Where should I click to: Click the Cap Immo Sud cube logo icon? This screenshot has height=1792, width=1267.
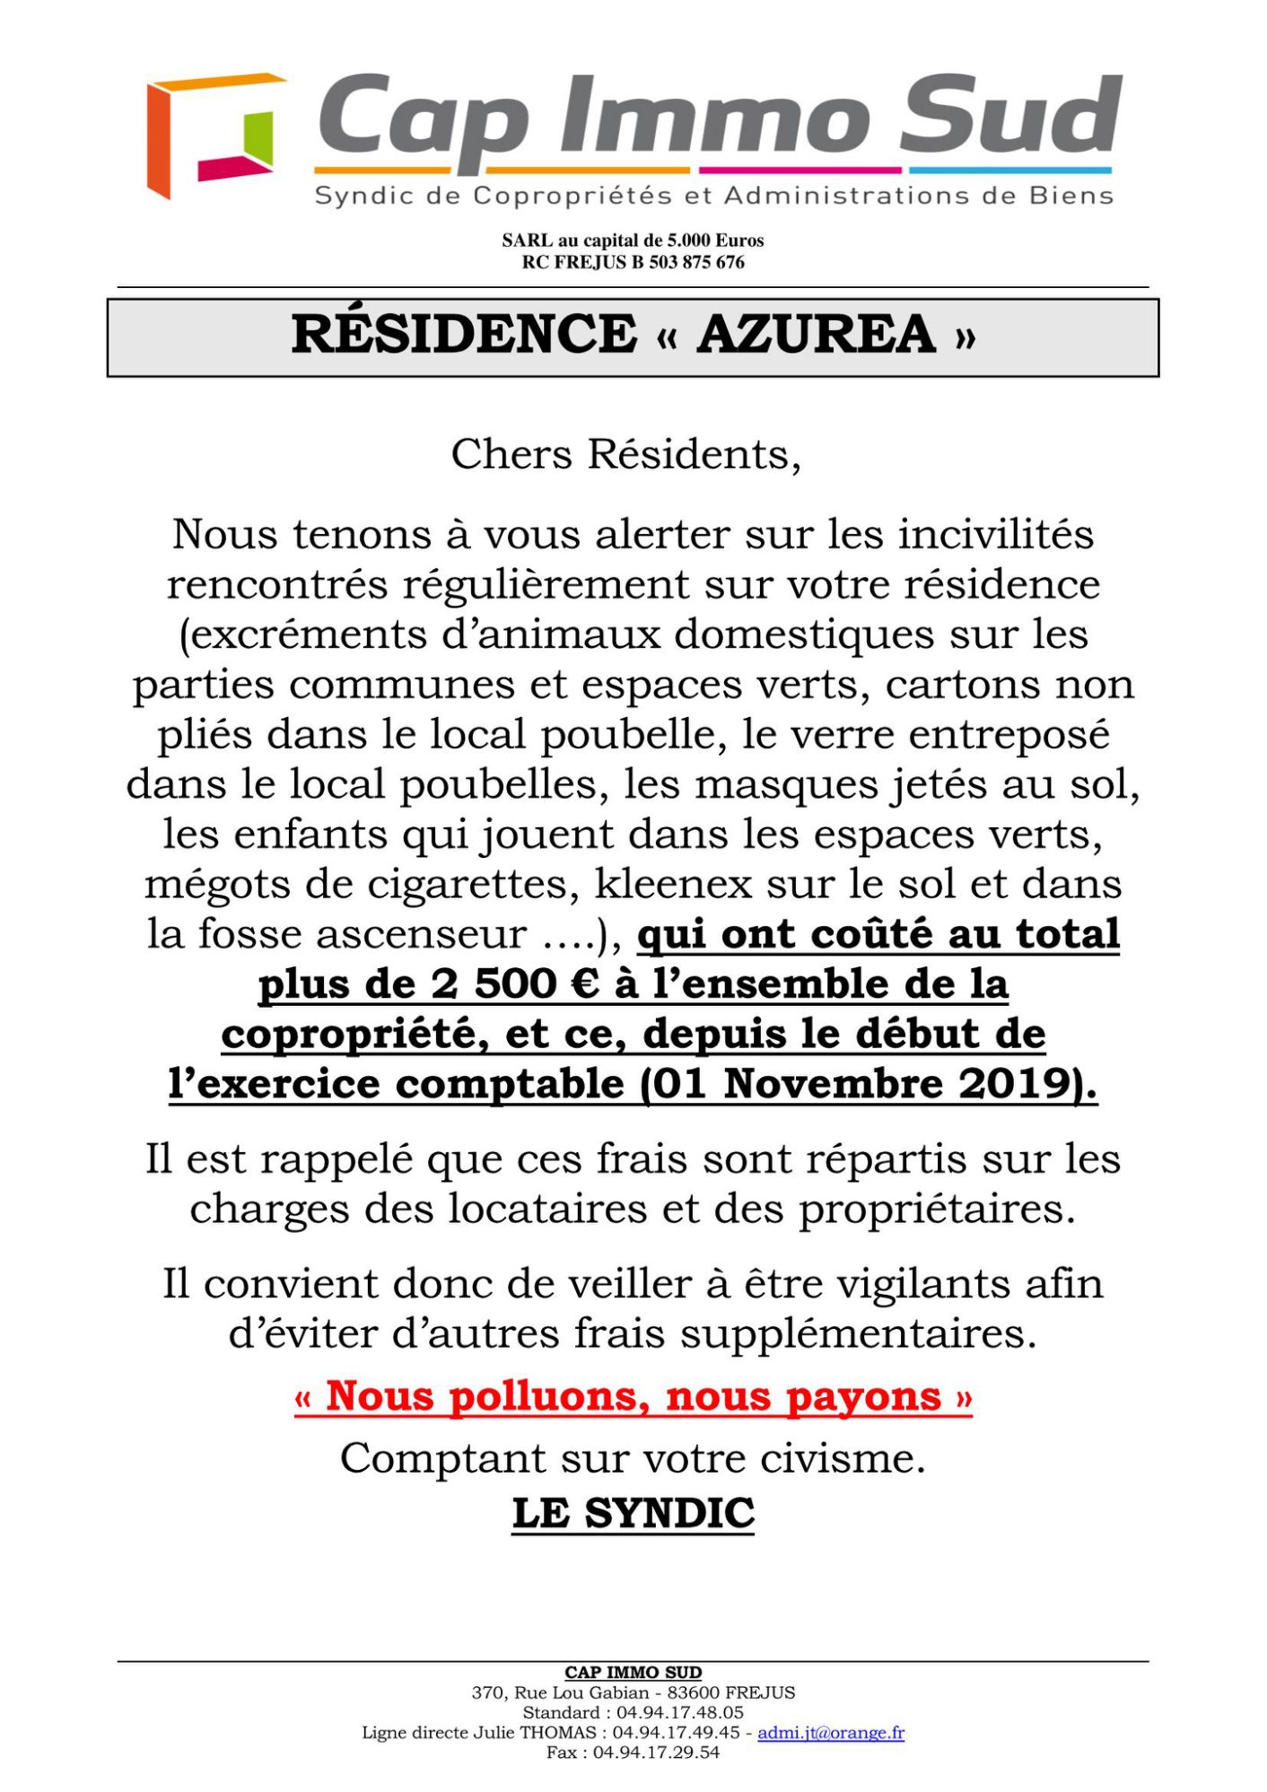coord(214,135)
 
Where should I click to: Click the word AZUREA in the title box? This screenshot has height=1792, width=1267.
coord(817,335)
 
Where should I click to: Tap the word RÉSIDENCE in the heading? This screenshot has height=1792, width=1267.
coord(464,335)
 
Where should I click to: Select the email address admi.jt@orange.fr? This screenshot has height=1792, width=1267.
coord(830,1732)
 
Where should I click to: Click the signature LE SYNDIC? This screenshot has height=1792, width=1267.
coord(633,1513)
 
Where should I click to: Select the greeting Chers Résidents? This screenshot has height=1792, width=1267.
coord(625,454)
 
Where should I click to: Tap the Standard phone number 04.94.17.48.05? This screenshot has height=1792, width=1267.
coord(679,1712)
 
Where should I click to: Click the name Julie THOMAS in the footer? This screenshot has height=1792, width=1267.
coord(543,1732)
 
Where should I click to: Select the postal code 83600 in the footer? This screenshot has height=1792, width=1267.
coord(692,1692)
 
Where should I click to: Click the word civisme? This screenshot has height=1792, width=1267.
coord(843,1458)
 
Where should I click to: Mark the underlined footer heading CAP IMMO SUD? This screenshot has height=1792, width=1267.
coord(633,1672)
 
